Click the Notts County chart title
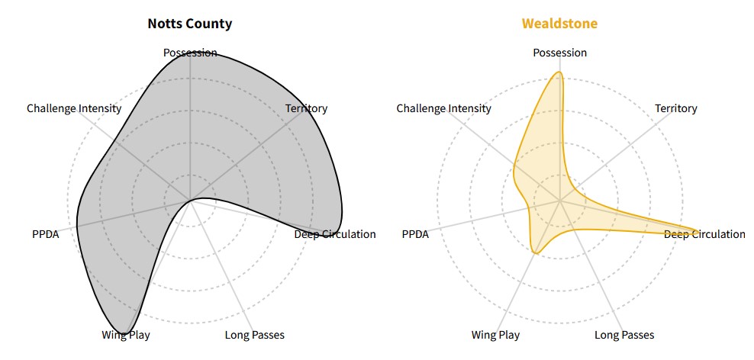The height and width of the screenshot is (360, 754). tap(190, 24)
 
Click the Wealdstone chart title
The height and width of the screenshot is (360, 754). tap(559, 24)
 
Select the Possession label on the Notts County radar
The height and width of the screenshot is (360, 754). tap(190, 53)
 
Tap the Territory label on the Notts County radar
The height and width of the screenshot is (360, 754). tap(306, 108)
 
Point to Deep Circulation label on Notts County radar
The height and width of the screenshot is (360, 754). tap(335, 234)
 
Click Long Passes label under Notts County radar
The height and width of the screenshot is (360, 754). tap(254, 335)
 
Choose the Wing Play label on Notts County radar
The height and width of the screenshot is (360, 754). tap(126, 335)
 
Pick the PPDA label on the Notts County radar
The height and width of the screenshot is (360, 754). tap(45, 234)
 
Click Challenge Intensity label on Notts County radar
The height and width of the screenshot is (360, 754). tap(74, 108)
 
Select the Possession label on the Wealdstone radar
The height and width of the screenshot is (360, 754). tap(559, 53)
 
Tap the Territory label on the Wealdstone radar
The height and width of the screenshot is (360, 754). tap(675, 108)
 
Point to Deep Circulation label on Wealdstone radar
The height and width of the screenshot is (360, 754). tap(704, 234)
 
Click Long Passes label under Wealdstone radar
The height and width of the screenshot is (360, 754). tap(623, 335)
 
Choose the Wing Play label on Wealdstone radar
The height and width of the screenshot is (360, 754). tap(495, 335)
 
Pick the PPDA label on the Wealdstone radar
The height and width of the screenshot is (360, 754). tap(415, 234)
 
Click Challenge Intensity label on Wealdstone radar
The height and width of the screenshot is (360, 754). tap(443, 108)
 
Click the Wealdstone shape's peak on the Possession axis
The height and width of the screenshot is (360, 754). tap(559, 72)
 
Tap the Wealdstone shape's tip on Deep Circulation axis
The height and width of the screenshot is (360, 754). tap(698, 230)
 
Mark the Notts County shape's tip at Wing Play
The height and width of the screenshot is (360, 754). tap(128, 330)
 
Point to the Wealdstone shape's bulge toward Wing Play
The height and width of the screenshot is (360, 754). tap(536, 252)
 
